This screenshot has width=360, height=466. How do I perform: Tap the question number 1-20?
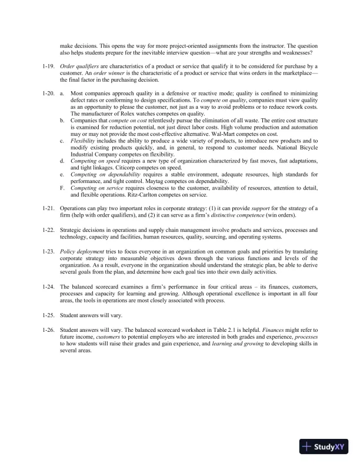(x=49, y=93)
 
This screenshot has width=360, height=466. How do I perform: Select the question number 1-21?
(x=49, y=209)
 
